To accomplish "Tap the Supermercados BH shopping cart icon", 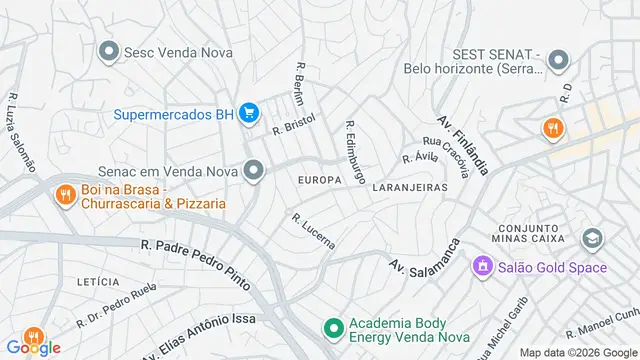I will [x=251, y=114].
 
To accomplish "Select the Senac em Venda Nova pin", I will [x=253, y=171].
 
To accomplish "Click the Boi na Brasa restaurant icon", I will [x=66, y=195].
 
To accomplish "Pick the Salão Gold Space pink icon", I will [x=484, y=267].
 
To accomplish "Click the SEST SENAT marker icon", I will [x=559, y=60].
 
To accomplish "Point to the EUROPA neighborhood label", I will [x=319, y=180].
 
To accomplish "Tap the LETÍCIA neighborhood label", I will [x=98, y=282].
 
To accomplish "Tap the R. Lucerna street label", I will [x=312, y=231].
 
